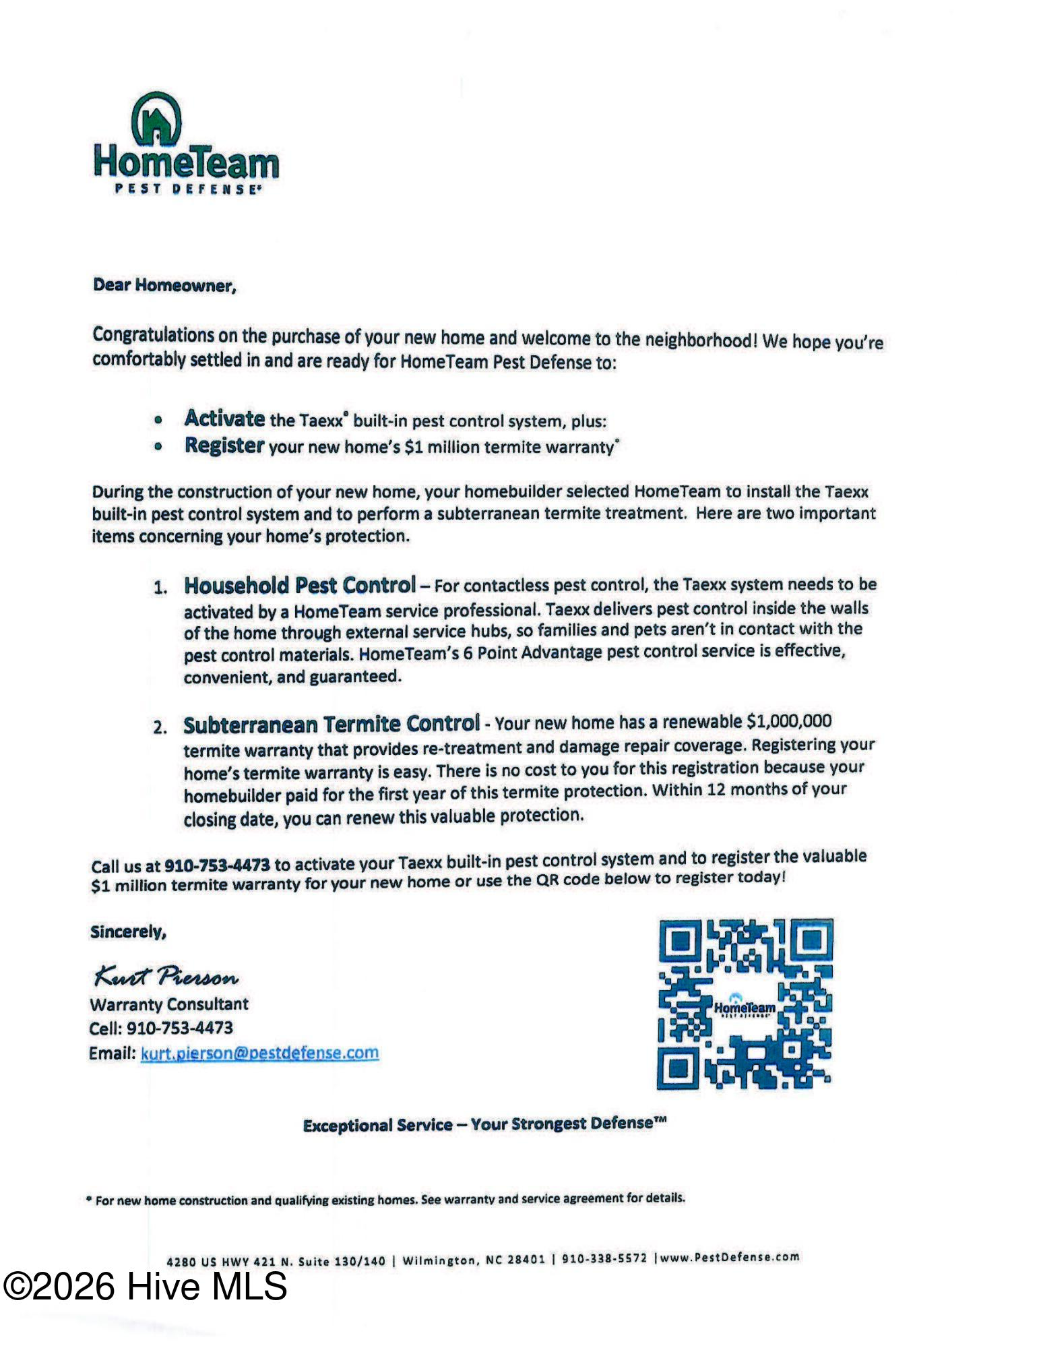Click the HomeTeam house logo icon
(156, 119)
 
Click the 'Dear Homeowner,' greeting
(164, 285)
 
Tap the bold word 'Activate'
(224, 419)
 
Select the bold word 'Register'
(224, 446)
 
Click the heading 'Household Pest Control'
(300, 585)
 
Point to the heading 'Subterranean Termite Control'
(332, 725)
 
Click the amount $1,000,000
(789, 721)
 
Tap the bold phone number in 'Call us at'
(217, 865)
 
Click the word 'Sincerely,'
(128, 932)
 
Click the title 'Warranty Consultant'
(169, 1004)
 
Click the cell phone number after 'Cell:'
(180, 1028)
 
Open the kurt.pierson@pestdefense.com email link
(259, 1053)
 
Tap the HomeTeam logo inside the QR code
(745, 1007)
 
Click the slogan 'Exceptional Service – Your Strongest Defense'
(484, 1124)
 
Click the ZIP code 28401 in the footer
(526, 1259)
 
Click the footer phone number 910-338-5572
(604, 1258)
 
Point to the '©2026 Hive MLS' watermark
(145, 1286)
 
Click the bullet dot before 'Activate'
(158, 420)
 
